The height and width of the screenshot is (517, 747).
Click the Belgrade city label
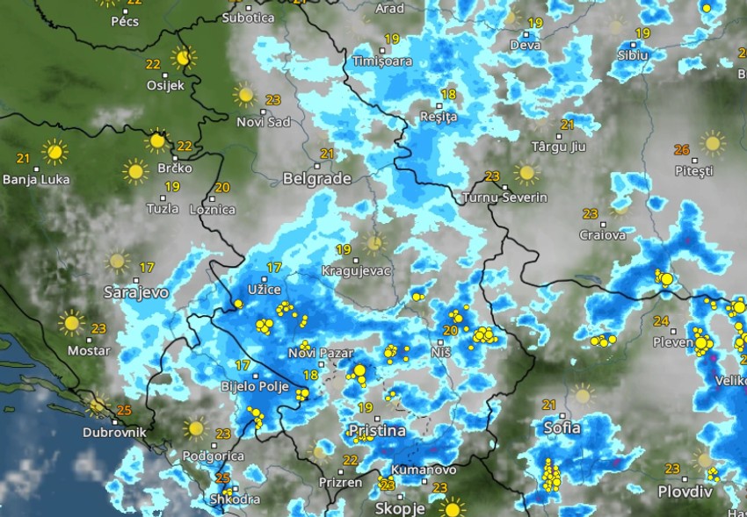click(x=316, y=179)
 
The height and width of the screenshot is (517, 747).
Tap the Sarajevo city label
click(x=135, y=292)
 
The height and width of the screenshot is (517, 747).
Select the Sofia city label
click(x=561, y=427)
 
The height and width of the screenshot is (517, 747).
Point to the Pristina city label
click(x=377, y=431)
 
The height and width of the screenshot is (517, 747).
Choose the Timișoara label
click(x=381, y=61)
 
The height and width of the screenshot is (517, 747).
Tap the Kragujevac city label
click(x=356, y=270)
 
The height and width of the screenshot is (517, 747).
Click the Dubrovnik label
click(x=114, y=432)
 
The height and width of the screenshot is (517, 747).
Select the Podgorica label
click(x=213, y=456)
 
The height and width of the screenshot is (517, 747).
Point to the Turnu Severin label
click(x=505, y=197)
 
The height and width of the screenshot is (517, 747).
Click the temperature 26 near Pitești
click(x=681, y=149)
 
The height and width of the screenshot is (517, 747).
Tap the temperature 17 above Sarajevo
click(x=147, y=267)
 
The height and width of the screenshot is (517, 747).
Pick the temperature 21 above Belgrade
click(x=327, y=154)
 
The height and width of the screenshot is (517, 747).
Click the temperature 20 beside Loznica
click(x=222, y=187)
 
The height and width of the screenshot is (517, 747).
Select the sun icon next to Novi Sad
click(x=244, y=95)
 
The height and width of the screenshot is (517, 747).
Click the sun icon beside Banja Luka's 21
click(x=54, y=152)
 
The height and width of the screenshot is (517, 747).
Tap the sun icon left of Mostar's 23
click(x=71, y=322)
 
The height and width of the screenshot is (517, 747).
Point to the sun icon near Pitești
click(x=712, y=143)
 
